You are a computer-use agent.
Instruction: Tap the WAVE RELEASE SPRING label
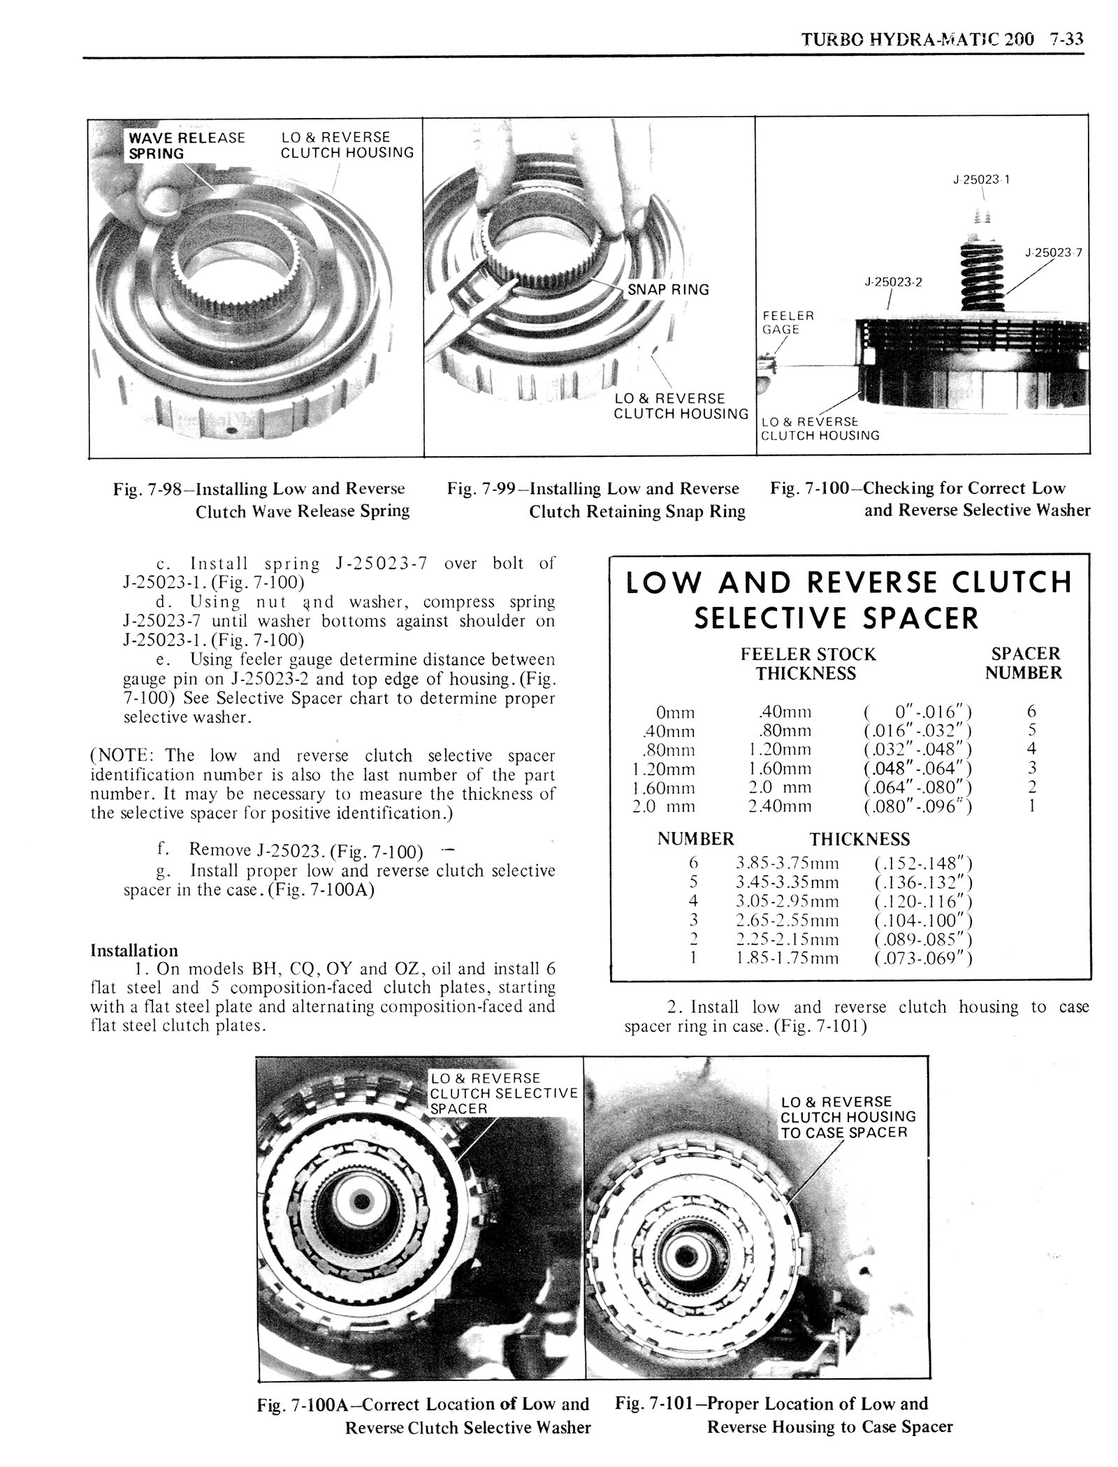(187, 145)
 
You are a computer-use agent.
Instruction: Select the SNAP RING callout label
(668, 289)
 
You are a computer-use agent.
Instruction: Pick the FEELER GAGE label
(788, 322)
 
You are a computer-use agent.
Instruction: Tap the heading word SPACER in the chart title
(921, 618)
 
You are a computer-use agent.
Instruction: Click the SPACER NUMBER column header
(1024, 663)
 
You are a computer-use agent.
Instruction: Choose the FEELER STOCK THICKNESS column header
(807, 664)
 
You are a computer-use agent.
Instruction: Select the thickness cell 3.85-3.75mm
(787, 863)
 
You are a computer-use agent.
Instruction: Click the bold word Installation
(134, 951)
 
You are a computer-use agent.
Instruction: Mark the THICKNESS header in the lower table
(859, 839)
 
